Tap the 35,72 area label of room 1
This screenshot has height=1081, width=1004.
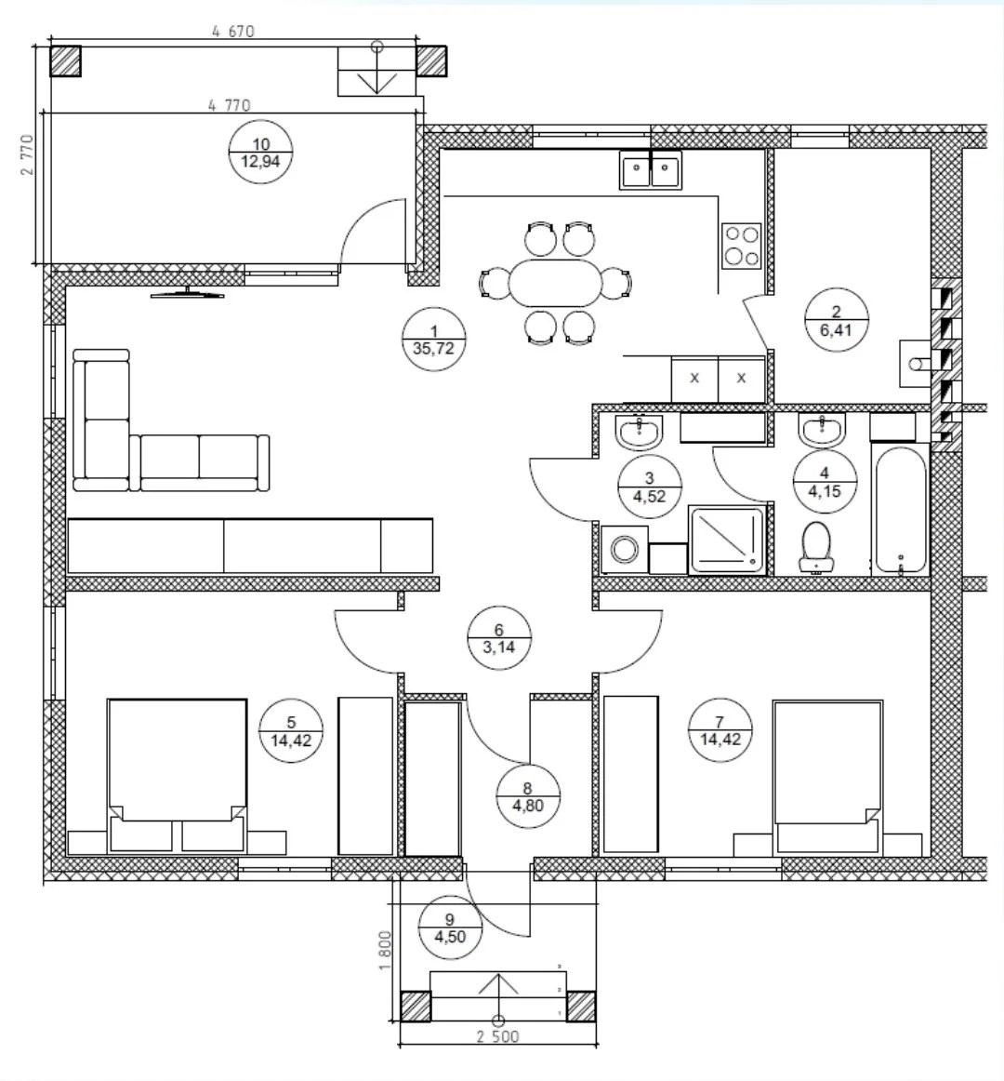(433, 348)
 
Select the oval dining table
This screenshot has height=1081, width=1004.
(555, 283)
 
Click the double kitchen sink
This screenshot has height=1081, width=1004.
(651, 170)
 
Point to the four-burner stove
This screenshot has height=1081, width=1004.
(742, 247)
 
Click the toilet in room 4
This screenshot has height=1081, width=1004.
(816, 547)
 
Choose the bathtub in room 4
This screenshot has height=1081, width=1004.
(901, 511)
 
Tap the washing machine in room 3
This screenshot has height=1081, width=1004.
(625, 550)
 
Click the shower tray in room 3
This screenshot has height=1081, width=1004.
(727, 540)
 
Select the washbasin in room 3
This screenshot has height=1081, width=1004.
(640, 432)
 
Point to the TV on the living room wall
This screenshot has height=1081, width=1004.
(188, 293)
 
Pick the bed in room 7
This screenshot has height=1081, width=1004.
(827, 778)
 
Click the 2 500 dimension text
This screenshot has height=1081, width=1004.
(497, 1037)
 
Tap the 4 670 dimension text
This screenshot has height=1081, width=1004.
(233, 31)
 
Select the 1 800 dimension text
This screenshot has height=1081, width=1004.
(385, 950)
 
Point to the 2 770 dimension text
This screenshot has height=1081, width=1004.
(27, 154)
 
